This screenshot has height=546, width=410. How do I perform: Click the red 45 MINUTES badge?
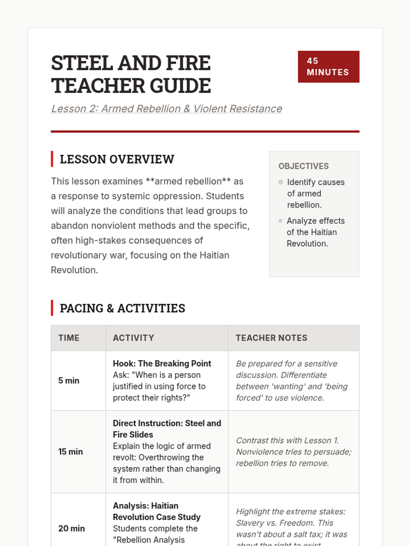[328, 67]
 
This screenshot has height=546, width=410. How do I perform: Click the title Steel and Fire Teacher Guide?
[131, 74]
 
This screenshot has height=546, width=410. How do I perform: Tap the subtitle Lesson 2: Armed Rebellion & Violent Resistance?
[166, 109]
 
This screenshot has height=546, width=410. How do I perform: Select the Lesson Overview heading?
[117, 159]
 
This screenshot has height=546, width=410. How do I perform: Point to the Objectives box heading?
[303, 166]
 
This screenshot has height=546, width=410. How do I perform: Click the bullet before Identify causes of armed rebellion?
[281, 182]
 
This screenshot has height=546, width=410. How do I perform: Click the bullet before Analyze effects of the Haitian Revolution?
[281, 221]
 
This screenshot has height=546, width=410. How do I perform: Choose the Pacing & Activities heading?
[122, 308]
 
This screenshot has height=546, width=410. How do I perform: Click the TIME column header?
[69, 338]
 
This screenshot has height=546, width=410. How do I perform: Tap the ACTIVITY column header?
[133, 338]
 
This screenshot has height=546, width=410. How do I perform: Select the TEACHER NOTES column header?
[271, 338]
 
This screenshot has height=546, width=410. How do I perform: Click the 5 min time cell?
[69, 380]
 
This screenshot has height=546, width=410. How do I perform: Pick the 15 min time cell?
[70, 452]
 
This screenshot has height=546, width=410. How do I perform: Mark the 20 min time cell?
[71, 528]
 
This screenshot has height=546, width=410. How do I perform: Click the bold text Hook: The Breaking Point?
[162, 363]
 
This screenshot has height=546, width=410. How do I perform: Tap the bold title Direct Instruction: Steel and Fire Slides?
[167, 429]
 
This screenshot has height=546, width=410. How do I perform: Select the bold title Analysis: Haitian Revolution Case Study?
[156, 511]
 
